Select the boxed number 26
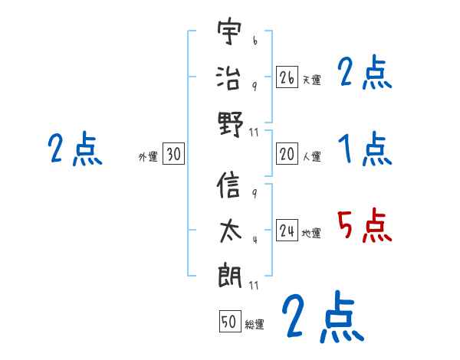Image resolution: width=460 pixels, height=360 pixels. [x=287, y=77]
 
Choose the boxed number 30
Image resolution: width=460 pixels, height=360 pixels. [x=173, y=154]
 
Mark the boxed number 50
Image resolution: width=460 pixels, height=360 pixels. [x=229, y=322]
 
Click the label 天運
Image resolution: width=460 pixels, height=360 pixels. [x=311, y=80]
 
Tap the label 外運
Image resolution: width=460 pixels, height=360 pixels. [x=148, y=156]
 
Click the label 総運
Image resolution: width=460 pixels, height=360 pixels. [x=255, y=324]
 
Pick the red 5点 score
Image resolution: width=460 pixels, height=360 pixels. [x=364, y=227]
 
